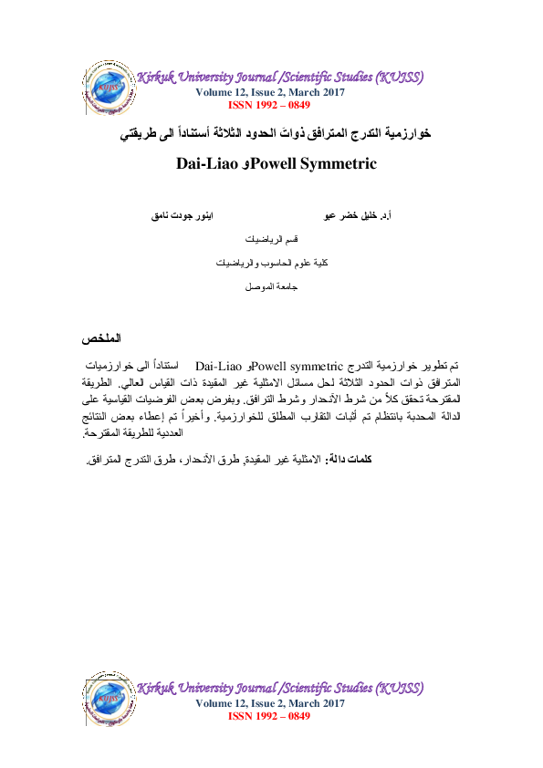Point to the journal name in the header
pyautogui.click(x=279, y=78)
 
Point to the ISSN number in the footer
pyautogui.click(x=269, y=716)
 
